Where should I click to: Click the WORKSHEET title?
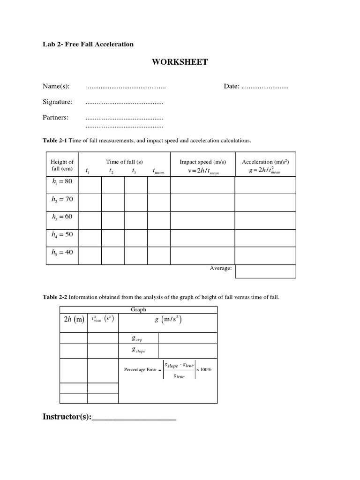[x=180, y=62]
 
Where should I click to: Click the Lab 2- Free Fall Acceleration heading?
[x=88, y=44]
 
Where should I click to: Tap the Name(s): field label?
[x=56, y=87]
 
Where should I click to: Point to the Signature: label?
[x=58, y=102]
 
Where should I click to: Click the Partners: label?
[x=56, y=118]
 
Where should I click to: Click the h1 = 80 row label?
[x=62, y=181]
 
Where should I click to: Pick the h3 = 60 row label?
[x=62, y=217]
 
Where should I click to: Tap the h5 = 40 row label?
[x=62, y=252]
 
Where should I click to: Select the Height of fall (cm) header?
[x=62, y=165]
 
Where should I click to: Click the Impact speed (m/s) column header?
[x=202, y=162]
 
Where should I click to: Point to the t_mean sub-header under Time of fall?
[x=157, y=172]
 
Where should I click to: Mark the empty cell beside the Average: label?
[x=265, y=271]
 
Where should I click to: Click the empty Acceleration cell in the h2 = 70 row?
[x=265, y=203]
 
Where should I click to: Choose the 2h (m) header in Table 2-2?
[x=73, y=320]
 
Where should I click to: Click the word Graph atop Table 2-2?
[x=138, y=309]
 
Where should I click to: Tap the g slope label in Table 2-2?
[x=138, y=350]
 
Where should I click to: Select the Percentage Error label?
[x=140, y=370]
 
